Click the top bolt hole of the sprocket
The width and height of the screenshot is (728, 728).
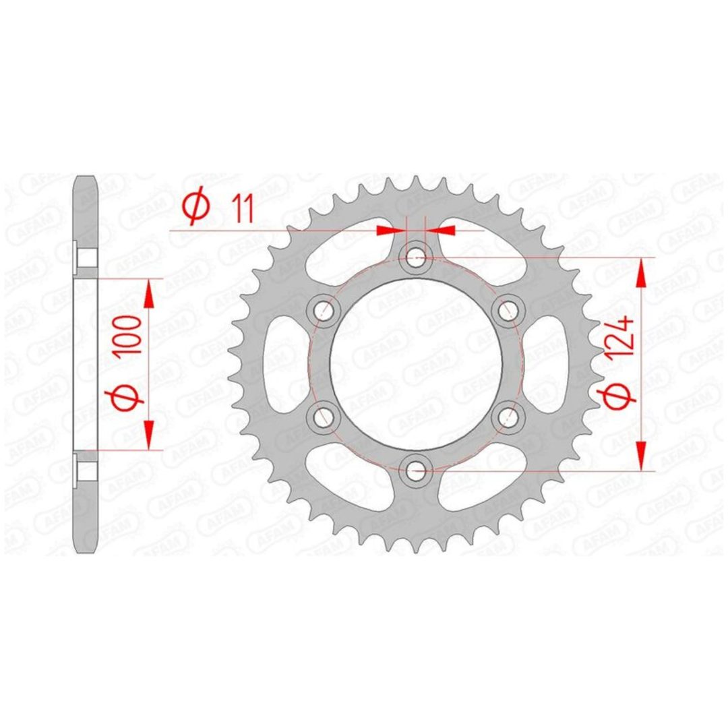[x=415, y=257]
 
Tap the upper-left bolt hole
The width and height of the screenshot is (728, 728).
[x=323, y=309]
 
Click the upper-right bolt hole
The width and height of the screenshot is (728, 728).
[x=508, y=309]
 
